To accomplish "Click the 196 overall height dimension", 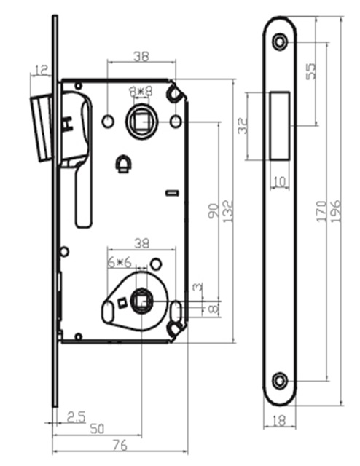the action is point(336,212).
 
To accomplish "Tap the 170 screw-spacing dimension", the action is point(321,211).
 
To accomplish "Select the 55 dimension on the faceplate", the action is point(310,71).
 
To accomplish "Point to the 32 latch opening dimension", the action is point(243,126).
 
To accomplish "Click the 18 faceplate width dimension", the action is point(279,421).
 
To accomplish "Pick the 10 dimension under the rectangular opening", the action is point(279,181).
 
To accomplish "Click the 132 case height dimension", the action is point(228,212).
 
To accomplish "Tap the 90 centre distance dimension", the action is point(213,211).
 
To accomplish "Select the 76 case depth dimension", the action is point(120,445).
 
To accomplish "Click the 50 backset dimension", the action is point(97,429).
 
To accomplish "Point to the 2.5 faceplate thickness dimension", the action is point(77,416).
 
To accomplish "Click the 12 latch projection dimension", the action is point(42,71).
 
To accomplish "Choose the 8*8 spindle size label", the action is point(141,91).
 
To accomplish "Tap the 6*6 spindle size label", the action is point(120,262).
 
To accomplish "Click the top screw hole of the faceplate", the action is point(280,42).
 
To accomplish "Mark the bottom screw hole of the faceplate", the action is point(280,381).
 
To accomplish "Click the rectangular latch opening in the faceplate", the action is point(280,126).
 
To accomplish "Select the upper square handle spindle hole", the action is point(141,122).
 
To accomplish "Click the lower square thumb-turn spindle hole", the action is point(141,301).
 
